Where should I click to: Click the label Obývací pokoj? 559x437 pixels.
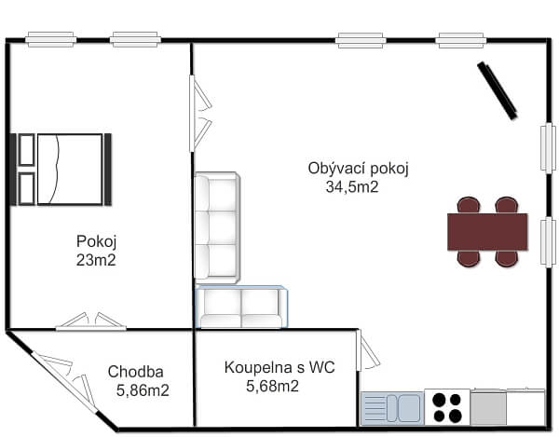(x=359, y=169)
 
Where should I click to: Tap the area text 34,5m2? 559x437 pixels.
(x=351, y=186)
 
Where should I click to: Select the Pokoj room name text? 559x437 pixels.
(x=96, y=241)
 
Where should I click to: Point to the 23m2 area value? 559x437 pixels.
(x=96, y=260)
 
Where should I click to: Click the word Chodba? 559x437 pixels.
(x=136, y=371)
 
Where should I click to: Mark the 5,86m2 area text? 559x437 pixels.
(x=143, y=390)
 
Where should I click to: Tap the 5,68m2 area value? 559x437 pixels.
(x=272, y=386)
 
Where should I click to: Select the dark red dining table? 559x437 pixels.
(x=487, y=232)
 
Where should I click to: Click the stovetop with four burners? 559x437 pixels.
(x=447, y=407)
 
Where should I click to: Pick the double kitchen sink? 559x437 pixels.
(x=392, y=408)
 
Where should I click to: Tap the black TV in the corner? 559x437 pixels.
(x=498, y=90)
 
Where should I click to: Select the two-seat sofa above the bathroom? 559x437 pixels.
(x=241, y=307)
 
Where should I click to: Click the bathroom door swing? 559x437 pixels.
(x=369, y=351)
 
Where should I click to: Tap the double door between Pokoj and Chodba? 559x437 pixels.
(x=90, y=321)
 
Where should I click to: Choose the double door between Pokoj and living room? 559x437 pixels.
(x=199, y=114)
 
